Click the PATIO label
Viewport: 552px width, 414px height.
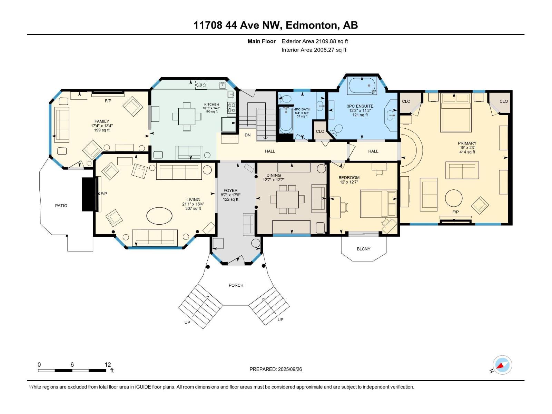pyautogui.click(x=61, y=206)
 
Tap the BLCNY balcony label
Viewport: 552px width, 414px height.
pyautogui.click(x=363, y=249)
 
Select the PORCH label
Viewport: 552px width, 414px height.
pyautogui.click(x=236, y=285)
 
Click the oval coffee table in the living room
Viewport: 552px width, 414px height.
pyautogui.click(x=159, y=216)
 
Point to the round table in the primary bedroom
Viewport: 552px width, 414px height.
pyautogui.click(x=454, y=198)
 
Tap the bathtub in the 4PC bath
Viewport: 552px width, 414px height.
pyautogui.click(x=286, y=120)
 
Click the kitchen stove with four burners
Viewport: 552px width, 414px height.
pyautogui.click(x=232, y=108)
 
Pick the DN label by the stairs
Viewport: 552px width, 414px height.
pyautogui.click(x=247, y=135)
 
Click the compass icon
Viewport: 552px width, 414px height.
pyautogui.click(x=502, y=365)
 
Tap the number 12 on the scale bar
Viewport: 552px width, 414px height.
pyautogui.click(x=108, y=365)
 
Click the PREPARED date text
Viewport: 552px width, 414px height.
pyautogui.click(x=276, y=369)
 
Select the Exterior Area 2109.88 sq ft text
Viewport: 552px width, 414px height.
pyautogui.click(x=315, y=41)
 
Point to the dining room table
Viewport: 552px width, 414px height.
pyautogui.click(x=287, y=199)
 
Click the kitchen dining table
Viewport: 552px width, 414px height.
pyautogui.click(x=187, y=116)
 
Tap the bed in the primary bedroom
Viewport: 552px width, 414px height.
pyautogui.click(x=455, y=112)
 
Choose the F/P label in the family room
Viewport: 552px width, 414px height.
pyautogui.click(x=108, y=101)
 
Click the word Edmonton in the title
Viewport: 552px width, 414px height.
pyautogui.click(x=312, y=25)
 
